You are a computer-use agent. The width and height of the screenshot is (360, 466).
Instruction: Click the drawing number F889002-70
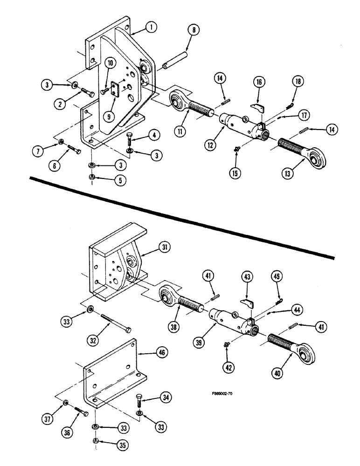pyautogui.click(x=222, y=394)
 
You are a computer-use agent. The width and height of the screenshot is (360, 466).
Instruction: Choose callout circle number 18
pyautogui.click(x=298, y=82)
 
